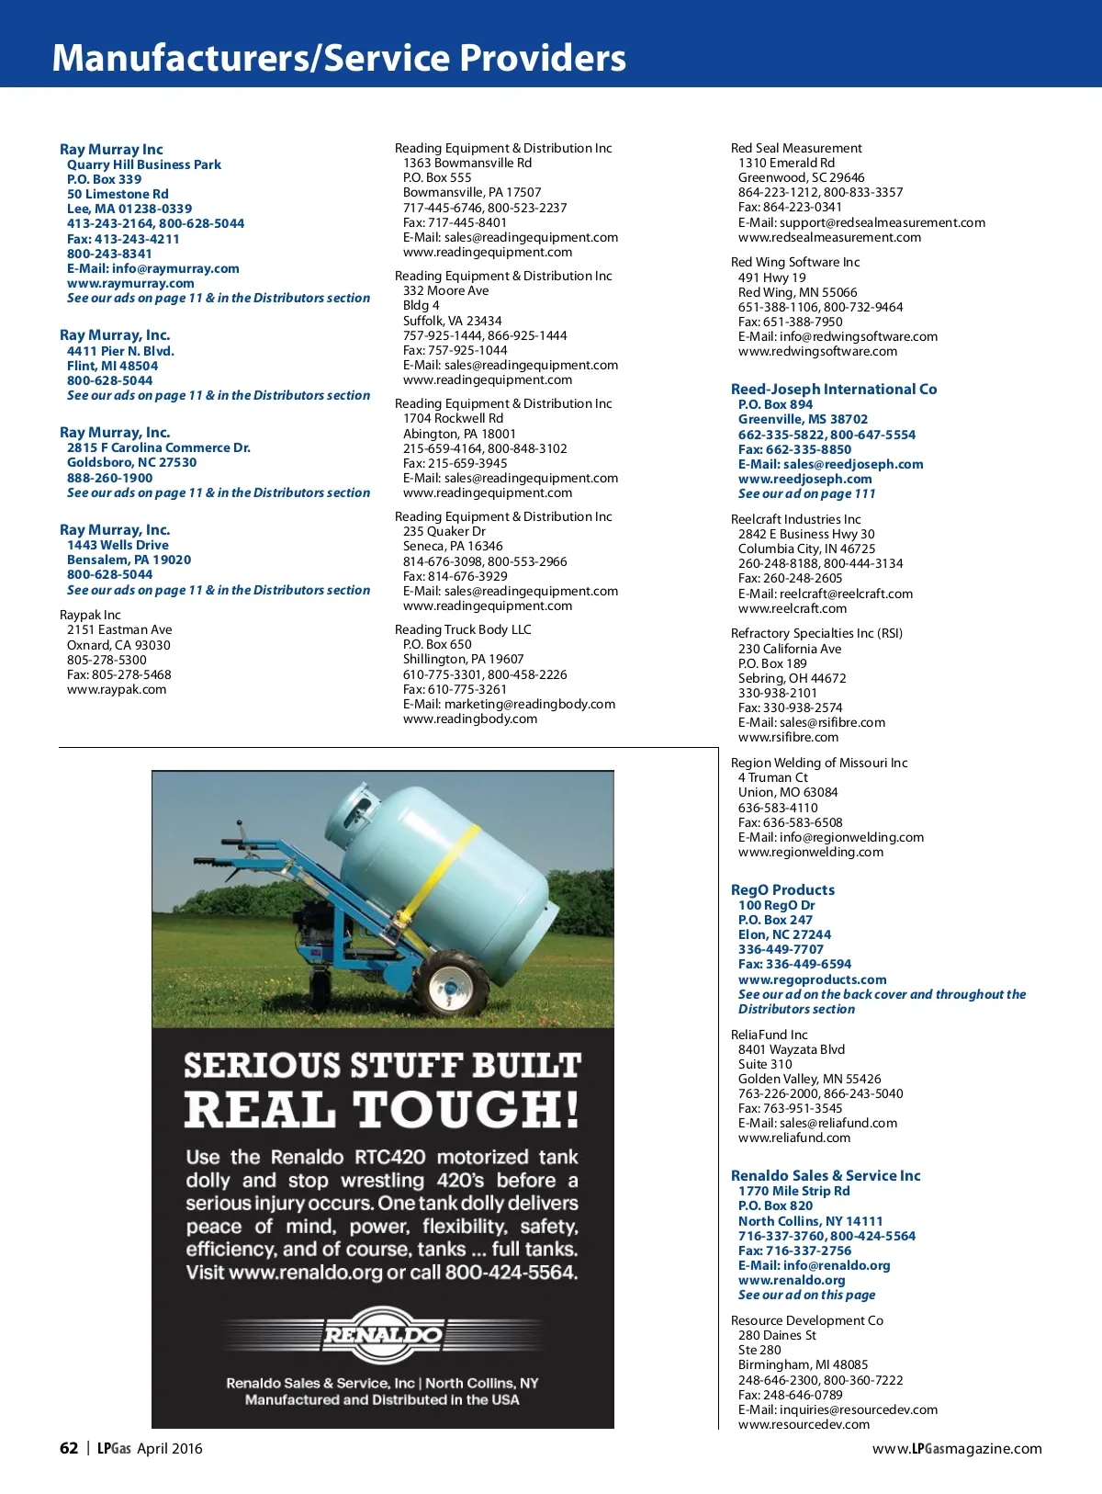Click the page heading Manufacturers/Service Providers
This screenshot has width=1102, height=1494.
click(339, 57)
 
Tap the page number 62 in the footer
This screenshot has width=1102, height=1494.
click(69, 1448)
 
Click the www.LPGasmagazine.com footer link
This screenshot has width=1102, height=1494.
click(957, 1448)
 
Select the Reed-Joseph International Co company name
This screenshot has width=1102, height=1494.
click(834, 389)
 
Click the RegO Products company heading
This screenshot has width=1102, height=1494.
click(782, 889)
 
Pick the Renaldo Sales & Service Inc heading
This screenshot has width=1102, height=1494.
click(826, 1175)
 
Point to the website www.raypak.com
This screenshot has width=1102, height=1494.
click(117, 689)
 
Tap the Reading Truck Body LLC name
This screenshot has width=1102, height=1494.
click(463, 629)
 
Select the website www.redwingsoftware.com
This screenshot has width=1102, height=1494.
click(817, 351)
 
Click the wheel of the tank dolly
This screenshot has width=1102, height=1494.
click(452, 986)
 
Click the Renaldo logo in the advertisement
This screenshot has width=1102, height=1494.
click(382, 1334)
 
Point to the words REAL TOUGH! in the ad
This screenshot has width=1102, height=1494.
click(382, 1109)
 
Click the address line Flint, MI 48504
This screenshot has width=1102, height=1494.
click(112, 366)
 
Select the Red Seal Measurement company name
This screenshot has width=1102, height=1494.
click(796, 148)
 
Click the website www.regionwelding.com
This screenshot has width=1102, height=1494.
click(811, 852)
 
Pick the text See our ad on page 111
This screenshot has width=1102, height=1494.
click(807, 493)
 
